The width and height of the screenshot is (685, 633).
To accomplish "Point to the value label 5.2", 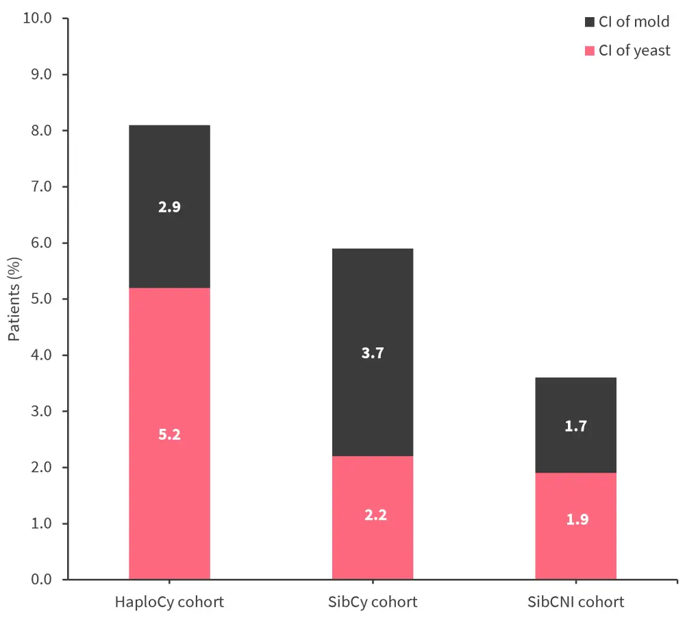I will click(x=169, y=434).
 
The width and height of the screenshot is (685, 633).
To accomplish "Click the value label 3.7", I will click(x=373, y=354).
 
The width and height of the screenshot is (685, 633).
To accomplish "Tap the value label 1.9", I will click(x=576, y=519).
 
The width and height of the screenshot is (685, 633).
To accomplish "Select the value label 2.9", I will click(x=169, y=207).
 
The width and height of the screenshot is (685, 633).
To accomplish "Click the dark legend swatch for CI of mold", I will click(x=590, y=22).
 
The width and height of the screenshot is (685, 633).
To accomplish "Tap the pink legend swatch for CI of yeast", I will click(x=590, y=51).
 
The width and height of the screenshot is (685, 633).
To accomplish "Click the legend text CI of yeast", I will click(x=634, y=51).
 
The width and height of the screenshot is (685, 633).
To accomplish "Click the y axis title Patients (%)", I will click(x=14, y=299).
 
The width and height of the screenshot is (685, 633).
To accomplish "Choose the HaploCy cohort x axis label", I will click(x=169, y=603).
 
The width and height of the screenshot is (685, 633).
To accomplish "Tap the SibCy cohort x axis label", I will click(x=373, y=603).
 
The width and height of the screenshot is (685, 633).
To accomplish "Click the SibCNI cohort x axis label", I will click(x=576, y=603).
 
